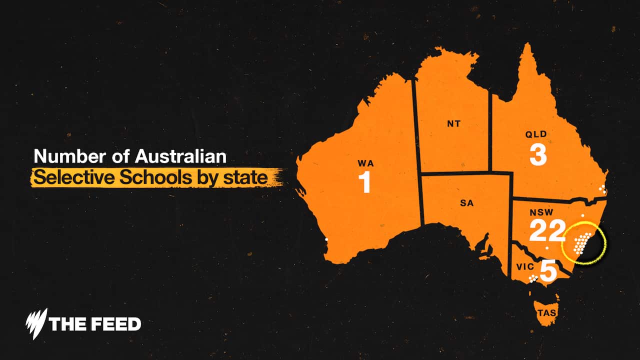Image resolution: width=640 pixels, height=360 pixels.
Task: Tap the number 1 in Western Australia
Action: pyautogui.click(x=365, y=183)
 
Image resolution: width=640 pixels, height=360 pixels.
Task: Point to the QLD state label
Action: pyautogui.click(x=536, y=134)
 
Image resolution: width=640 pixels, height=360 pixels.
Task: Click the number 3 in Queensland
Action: pyautogui.click(x=538, y=154)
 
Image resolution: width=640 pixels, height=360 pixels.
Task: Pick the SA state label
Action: pyautogui.click(x=466, y=203)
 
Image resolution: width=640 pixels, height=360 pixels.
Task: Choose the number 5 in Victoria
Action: pyautogui.click(x=548, y=271)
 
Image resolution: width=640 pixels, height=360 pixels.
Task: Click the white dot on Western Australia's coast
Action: pyautogui.click(x=326, y=240)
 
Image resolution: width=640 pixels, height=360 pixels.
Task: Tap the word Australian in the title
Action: pyautogui.click(x=180, y=156)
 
